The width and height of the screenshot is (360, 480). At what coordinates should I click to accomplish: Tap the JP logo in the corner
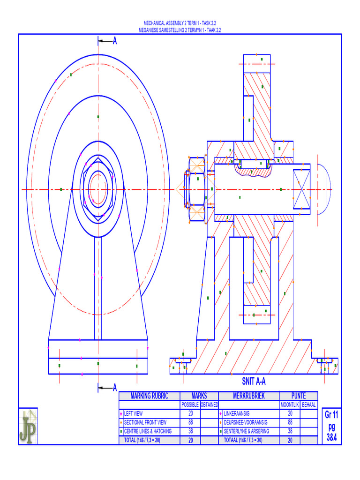pos(28,426)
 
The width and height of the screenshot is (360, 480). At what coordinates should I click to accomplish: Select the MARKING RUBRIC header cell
pos(149,396)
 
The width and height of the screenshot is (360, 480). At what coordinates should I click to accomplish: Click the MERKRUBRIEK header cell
pos(248,396)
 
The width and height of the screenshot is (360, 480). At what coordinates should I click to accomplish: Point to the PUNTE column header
pos(298,396)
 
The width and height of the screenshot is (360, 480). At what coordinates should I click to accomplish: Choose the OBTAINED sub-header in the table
pos(210,405)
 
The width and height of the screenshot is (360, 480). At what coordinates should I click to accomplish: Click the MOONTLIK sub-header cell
pos(289,405)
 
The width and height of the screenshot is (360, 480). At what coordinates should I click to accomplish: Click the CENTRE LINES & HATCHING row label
pos(147,431)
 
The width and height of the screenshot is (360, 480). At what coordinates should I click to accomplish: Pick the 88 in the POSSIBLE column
pos(190,422)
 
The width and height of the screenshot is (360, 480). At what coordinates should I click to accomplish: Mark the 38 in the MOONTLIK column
pos(290,431)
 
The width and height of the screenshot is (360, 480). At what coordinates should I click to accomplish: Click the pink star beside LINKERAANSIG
pos(221,414)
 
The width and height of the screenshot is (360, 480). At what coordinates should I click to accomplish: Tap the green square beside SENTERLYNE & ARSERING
pos(221,431)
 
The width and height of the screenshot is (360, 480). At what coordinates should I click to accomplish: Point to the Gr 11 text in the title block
pos(331,415)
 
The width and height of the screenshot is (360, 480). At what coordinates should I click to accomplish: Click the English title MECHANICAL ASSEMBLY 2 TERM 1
pos(180,23)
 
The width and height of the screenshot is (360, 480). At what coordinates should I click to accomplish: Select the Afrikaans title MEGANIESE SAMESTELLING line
pos(180,29)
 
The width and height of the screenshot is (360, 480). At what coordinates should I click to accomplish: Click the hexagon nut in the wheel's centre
pos(98,189)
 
